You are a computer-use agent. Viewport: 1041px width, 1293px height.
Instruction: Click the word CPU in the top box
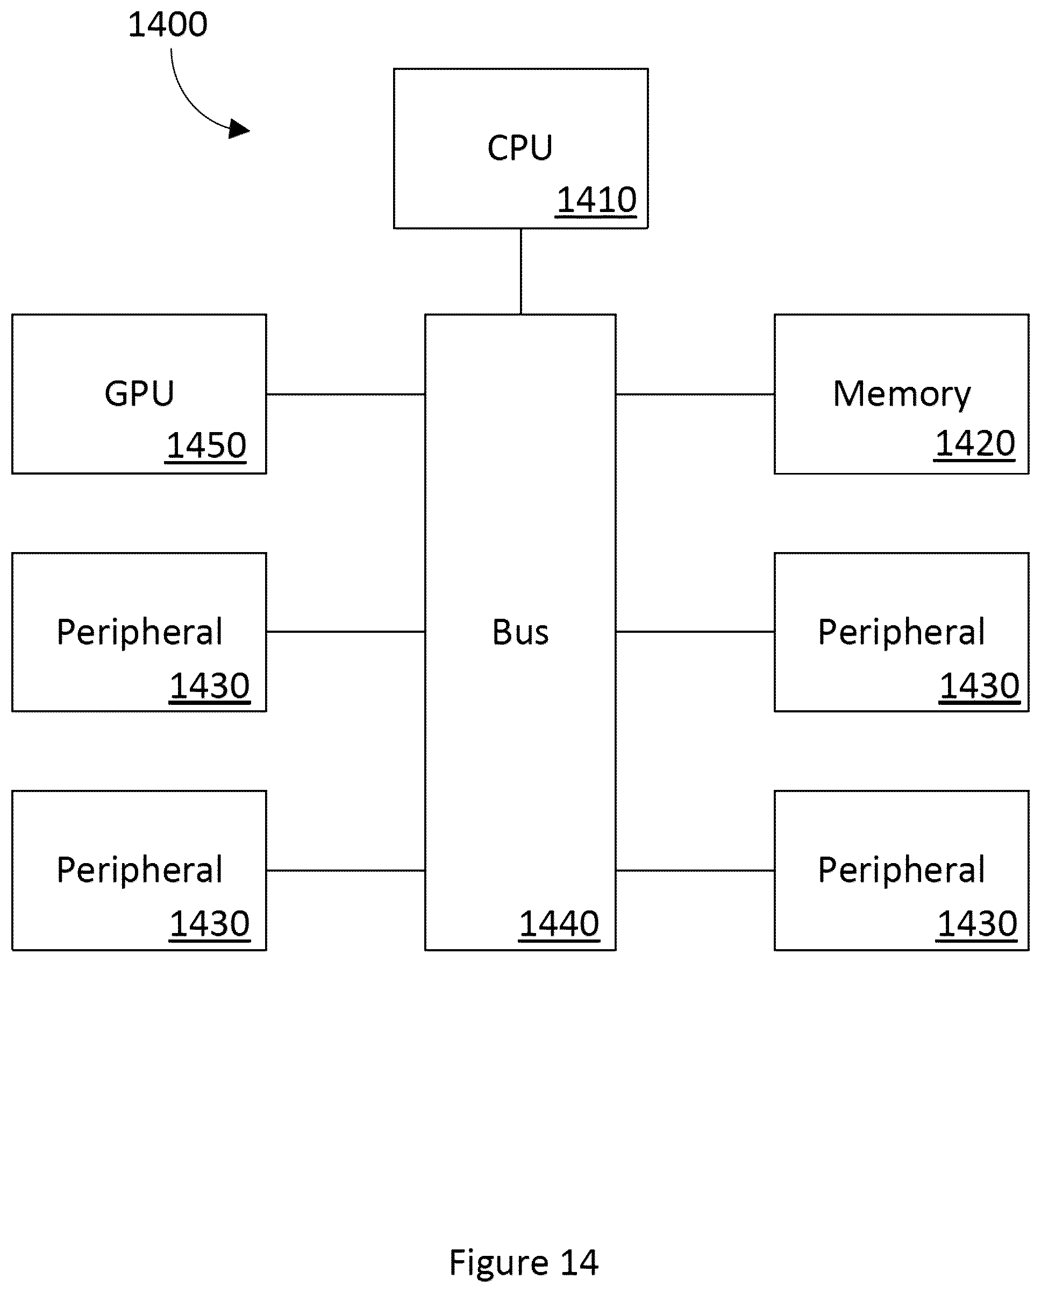520,147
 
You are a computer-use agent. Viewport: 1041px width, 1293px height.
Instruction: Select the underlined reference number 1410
596,200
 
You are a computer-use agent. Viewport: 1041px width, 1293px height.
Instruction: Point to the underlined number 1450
206,447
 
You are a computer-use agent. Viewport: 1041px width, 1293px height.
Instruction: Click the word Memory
901,395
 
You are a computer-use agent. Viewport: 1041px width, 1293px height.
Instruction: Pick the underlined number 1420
974,444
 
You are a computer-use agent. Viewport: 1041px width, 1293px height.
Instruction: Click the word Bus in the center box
520,632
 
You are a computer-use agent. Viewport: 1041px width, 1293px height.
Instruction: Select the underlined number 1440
559,924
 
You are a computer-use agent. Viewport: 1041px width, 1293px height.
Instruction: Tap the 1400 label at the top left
168,25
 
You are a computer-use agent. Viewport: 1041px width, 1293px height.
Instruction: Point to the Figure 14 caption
524,1262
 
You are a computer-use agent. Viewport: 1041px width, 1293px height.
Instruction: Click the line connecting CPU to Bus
520,271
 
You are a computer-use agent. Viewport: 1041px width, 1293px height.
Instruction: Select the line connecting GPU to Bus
346,394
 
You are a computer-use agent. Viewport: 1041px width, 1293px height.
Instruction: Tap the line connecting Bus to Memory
695,394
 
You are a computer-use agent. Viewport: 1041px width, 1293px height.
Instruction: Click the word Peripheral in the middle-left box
140,632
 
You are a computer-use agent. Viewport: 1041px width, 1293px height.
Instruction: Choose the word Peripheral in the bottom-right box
901,870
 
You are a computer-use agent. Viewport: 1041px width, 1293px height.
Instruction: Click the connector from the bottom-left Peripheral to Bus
346,870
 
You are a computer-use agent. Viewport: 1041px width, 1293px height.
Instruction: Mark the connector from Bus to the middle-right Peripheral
695,631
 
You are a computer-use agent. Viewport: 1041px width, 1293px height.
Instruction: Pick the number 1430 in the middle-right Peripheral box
979,687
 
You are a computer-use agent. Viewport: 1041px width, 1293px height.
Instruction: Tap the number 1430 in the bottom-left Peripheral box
209,924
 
